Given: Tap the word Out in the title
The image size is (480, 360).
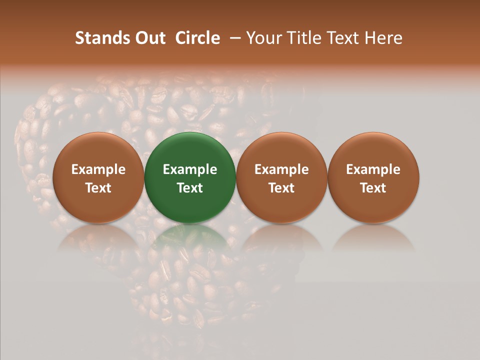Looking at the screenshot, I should coord(149,38).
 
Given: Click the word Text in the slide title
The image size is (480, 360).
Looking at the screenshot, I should coord(346,38).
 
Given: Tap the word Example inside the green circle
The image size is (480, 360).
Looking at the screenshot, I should coord(190,169).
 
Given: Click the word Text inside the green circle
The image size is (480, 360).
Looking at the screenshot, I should coord(190,188).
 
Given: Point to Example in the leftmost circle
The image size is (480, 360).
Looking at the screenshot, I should coord(98,169).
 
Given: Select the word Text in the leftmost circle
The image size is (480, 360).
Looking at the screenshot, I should coord(98,188).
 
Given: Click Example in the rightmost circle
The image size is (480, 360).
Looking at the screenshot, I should coord(373,169).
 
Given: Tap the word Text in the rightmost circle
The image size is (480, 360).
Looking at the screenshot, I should coord(373,188).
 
